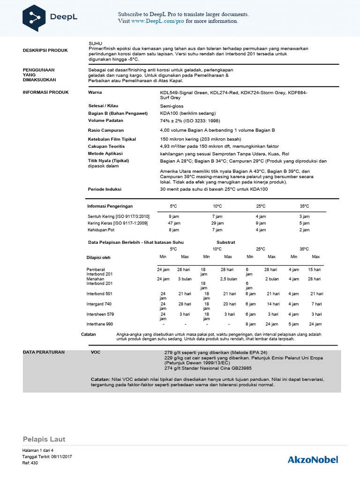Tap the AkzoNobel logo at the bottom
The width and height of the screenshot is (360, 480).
pos(312,459)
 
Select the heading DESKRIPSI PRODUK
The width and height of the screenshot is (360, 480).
pos(45,50)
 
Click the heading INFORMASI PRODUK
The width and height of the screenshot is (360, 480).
pos(45,92)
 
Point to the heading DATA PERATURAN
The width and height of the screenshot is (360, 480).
pos(44,351)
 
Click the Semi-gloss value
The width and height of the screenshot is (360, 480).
pos(172,106)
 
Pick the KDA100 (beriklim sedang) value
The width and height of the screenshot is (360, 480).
pos(188,113)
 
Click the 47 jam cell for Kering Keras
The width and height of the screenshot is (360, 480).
pos(173,224)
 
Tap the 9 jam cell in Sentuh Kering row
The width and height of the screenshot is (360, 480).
pos(173,217)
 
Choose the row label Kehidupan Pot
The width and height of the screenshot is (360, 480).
pos(101,230)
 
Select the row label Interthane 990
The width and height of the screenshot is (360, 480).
pos(99,324)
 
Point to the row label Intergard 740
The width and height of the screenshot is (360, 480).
pos(99,304)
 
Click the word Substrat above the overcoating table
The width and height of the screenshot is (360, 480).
pos(225,242)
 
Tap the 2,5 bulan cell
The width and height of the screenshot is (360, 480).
pos(228,279)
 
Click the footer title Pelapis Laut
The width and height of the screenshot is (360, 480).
pos(44,439)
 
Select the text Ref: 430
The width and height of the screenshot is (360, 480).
pos(30,463)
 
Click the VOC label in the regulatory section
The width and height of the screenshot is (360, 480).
pos(96,351)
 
